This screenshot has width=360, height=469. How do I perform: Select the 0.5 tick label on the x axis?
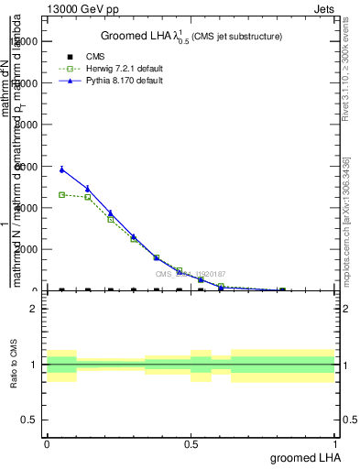(x=191, y=444)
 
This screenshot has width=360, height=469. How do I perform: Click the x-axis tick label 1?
(x=336, y=444)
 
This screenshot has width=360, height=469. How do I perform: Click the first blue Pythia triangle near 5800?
(x=61, y=169)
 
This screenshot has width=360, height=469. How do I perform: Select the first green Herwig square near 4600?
(x=61, y=194)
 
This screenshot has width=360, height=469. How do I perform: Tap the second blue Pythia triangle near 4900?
(x=88, y=189)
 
